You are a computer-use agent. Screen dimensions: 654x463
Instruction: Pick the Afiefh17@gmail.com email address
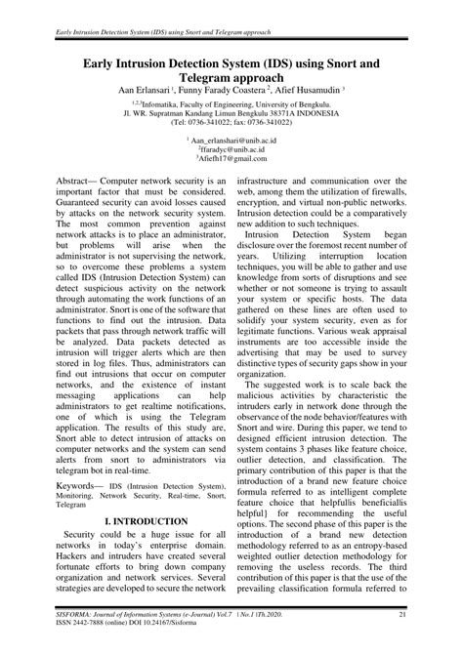pos(232,159)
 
